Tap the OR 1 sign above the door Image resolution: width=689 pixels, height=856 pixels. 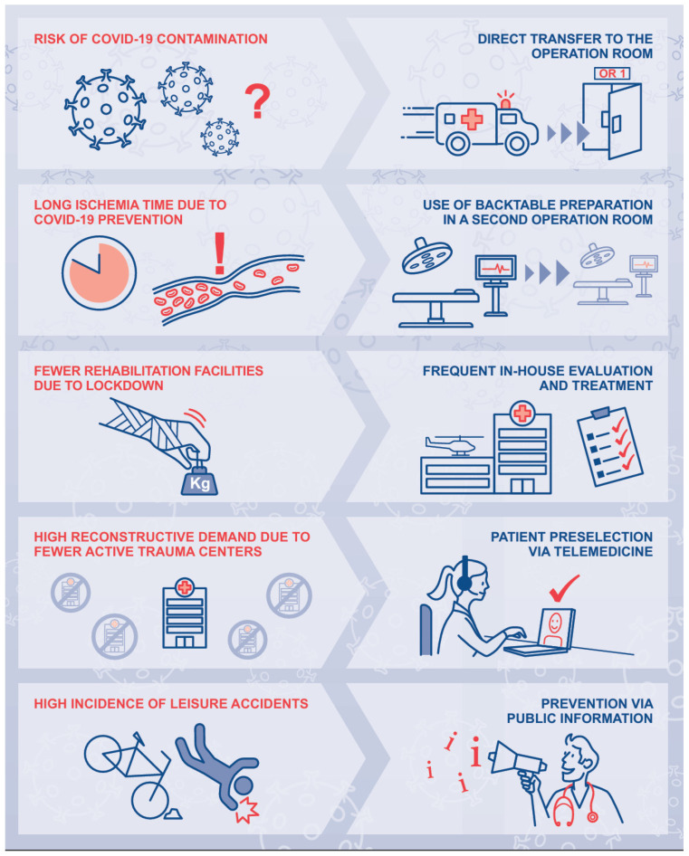click(x=612, y=73)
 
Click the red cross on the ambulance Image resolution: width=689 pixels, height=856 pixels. click(x=472, y=119)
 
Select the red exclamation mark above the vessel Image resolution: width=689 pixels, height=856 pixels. click(x=220, y=253)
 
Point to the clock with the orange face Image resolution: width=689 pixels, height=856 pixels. click(x=99, y=272)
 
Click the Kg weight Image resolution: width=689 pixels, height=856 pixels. click(x=199, y=480)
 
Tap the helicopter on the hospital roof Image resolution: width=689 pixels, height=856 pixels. click(x=454, y=445)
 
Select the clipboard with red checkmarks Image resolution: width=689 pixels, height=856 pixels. click(x=610, y=446)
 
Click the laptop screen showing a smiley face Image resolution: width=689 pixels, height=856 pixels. click(x=555, y=627)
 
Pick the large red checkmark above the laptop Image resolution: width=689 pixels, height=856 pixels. click(x=564, y=587)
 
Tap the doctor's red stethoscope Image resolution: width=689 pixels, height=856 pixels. click(x=574, y=805)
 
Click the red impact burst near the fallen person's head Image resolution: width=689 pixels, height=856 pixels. click(x=247, y=809)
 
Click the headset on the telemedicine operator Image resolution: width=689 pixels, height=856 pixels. click(x=464, y=576)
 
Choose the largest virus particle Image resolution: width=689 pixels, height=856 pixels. click(x=105, y=109)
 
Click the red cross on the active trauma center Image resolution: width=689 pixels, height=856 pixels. click(x=185, y=587)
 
